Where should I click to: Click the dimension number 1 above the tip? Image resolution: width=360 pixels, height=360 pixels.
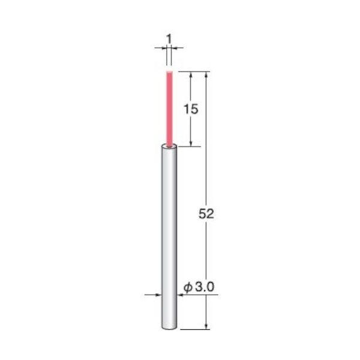[169, 39]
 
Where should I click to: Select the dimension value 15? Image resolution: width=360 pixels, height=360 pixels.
[191, 109]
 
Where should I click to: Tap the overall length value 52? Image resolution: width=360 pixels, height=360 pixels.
[206, 214]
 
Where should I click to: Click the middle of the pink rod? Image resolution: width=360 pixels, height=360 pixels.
[169, 108]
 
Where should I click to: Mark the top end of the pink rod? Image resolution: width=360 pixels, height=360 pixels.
[169, 73]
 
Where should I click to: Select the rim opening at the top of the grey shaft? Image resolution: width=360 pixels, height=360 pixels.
[169, 146]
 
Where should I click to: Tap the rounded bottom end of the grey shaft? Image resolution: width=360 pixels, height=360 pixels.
[169, 327]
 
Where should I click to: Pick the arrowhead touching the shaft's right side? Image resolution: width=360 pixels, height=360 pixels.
[180, 295]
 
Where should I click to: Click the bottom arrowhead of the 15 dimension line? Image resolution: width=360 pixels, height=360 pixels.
[191, 142]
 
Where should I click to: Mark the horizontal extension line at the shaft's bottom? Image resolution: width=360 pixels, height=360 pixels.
[195, 329]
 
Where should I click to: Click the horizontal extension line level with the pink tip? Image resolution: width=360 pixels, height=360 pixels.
[192, 72]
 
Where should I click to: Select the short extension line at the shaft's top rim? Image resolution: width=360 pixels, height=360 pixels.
[186, 146]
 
